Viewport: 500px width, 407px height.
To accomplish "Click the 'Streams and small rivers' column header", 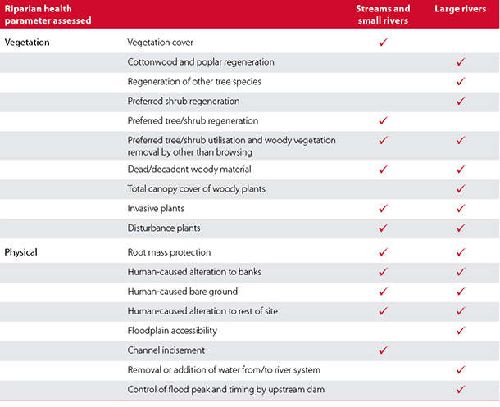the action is click(x=383, y=15).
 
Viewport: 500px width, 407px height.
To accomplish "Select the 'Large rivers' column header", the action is click(x=461, y=9).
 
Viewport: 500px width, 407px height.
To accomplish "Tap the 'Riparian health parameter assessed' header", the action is click(x=48, y=15).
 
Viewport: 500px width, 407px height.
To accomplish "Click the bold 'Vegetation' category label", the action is click(x=27, y=43).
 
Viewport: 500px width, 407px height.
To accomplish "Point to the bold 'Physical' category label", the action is click(x=20, y=252).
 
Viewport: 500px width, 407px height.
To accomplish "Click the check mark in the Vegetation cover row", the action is click(x=384, y=42).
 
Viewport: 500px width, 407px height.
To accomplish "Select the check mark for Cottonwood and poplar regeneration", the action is click(x=461, y=61).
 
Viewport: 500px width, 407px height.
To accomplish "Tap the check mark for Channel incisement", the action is click(x=384, y=350).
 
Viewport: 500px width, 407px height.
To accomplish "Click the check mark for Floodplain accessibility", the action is click(x=461, y=331).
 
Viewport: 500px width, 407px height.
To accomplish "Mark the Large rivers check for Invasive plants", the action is click(x=461, y=208).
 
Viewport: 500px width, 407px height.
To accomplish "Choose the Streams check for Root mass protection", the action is click(x=384, y=252).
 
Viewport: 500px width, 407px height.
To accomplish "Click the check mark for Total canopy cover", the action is click(x=461, y=188).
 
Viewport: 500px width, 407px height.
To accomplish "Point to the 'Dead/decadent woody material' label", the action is click(x=189, y=169).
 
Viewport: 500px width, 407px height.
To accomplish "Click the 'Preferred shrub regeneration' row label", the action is click(x=184, y=102).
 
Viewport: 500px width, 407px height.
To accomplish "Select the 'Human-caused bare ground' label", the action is click(x=183, y=292).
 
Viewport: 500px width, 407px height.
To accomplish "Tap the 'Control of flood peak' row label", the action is click(x=226, y=390).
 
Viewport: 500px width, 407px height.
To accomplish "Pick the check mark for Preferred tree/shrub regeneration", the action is click(x=384, y=120).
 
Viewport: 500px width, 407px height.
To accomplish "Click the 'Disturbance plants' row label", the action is click(x=164, y=228).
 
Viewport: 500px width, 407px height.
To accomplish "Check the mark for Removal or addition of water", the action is click(x=461, y=370).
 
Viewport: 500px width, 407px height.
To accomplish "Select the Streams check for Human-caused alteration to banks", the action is click(x=384, y=272).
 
